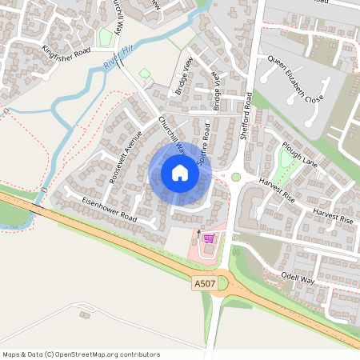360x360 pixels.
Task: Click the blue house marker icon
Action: click(180, 172)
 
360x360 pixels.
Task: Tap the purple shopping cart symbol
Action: click(209, 238)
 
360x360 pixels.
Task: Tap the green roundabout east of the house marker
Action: click(236, 177)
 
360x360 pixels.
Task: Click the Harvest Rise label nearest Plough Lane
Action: click(278, 187)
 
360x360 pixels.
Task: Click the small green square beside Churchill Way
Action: click(145, 74)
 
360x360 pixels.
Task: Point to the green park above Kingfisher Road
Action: click(105, 36)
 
